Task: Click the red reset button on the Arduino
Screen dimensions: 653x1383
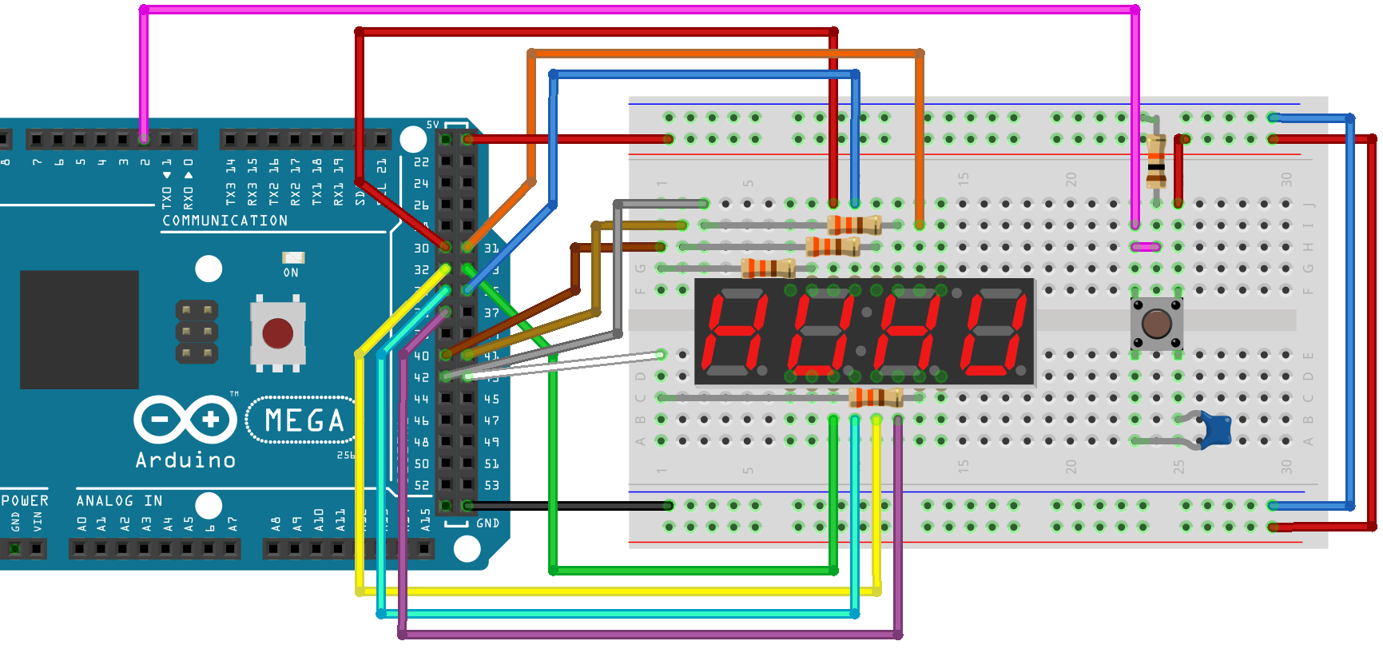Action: [x=277, y=332]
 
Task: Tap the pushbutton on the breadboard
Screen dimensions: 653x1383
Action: [x=1156, y=324]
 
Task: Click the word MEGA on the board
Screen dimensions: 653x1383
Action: [x=304, y=420]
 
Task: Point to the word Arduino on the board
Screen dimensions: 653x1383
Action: [x=185, y=460]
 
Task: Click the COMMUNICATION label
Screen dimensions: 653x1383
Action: [x=225, y=221]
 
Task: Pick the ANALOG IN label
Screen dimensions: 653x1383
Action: [x=119, y=500]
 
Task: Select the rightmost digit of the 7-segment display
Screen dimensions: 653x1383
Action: [x=994, y=332]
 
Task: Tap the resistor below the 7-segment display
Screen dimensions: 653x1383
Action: [x=876, y=396]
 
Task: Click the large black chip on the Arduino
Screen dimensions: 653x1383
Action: [x=79, y=329]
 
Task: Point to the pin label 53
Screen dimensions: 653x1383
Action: [x=491, y=485]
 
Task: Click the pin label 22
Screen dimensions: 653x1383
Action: [x=421, y=162]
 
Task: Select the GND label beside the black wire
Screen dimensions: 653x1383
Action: [x=487, y=524]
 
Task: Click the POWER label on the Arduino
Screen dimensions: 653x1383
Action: [x=25, y=500]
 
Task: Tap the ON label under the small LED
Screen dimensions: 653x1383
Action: [x=291, y=273]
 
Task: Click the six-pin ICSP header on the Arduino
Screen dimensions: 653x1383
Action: [x=197, y=331]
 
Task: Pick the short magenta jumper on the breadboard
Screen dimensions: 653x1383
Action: [x=1146, y=247]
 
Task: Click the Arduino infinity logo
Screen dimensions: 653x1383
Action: [x=185, y=419]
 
